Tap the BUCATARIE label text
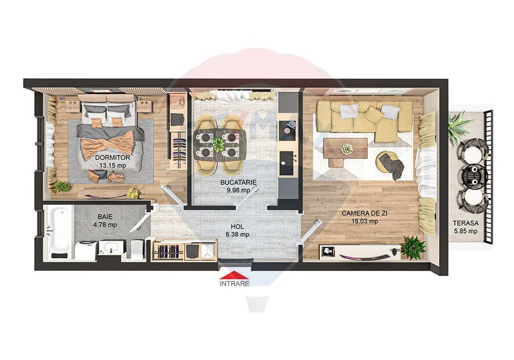pos(239,183)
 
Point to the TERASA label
pos(463,223)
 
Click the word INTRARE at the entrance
pos(235,284)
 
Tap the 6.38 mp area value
pos(237,234)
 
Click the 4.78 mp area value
pos(105,224)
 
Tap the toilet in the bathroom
pos(137,249)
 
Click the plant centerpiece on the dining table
pos(218,144)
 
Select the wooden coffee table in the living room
pos(345,150)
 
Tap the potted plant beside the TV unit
pos(413,247)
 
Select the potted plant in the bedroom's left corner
pos(62,186)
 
